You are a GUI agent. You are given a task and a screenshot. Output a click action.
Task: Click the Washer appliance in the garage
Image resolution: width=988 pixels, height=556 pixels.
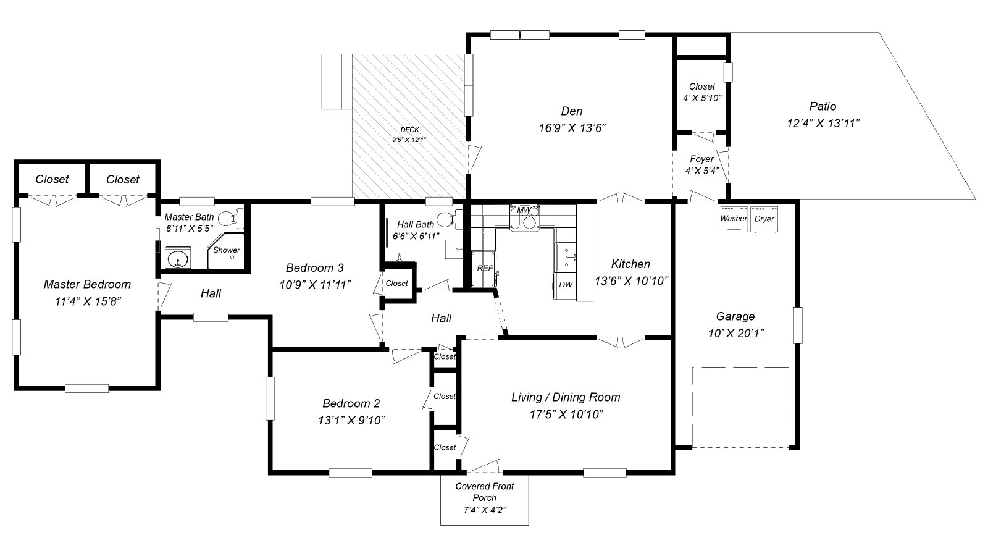[734, 219]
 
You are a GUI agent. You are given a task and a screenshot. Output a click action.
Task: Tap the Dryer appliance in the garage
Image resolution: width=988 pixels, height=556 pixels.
[764, 219]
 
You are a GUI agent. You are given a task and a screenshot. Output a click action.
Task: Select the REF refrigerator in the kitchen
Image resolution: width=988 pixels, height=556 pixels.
[484, 268]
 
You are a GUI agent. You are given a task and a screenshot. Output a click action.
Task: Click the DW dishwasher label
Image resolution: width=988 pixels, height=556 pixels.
[566, 285]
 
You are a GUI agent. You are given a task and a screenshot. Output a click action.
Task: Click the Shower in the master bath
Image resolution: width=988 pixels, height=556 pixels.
[226, 251]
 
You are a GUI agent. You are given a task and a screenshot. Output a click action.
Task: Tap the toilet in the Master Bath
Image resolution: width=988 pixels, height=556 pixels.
[232, 218]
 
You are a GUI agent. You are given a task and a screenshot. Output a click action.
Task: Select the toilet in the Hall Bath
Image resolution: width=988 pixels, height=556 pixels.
[450, 219]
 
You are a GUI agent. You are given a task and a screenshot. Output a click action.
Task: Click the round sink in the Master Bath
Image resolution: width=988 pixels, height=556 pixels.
[178, 258]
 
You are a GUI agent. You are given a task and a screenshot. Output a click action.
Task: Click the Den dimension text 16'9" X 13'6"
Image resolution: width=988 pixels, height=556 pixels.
[572, 128]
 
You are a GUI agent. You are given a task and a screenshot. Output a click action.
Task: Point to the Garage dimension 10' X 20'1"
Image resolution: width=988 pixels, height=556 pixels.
[735, 334]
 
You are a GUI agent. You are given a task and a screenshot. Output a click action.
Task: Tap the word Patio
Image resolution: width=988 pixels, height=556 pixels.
[823, 106]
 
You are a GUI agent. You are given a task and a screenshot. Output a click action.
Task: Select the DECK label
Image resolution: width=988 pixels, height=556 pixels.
[410, 130]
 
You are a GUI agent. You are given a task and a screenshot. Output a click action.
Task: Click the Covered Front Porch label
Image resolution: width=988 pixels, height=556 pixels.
[484, 492]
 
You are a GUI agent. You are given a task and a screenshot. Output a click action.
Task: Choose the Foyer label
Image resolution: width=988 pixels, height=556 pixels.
[701, 159]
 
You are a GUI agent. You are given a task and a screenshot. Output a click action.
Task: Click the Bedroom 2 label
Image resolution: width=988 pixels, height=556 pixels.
[351, 403]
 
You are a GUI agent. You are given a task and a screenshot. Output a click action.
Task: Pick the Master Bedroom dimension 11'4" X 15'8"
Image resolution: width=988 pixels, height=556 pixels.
[88, 302]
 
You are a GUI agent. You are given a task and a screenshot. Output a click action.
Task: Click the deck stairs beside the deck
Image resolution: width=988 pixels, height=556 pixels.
[337, 82]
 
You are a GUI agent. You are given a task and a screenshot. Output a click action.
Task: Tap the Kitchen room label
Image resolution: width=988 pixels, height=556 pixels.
[630, 264]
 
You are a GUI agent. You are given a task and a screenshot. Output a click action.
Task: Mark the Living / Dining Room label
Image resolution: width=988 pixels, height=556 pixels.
[566, 397]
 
